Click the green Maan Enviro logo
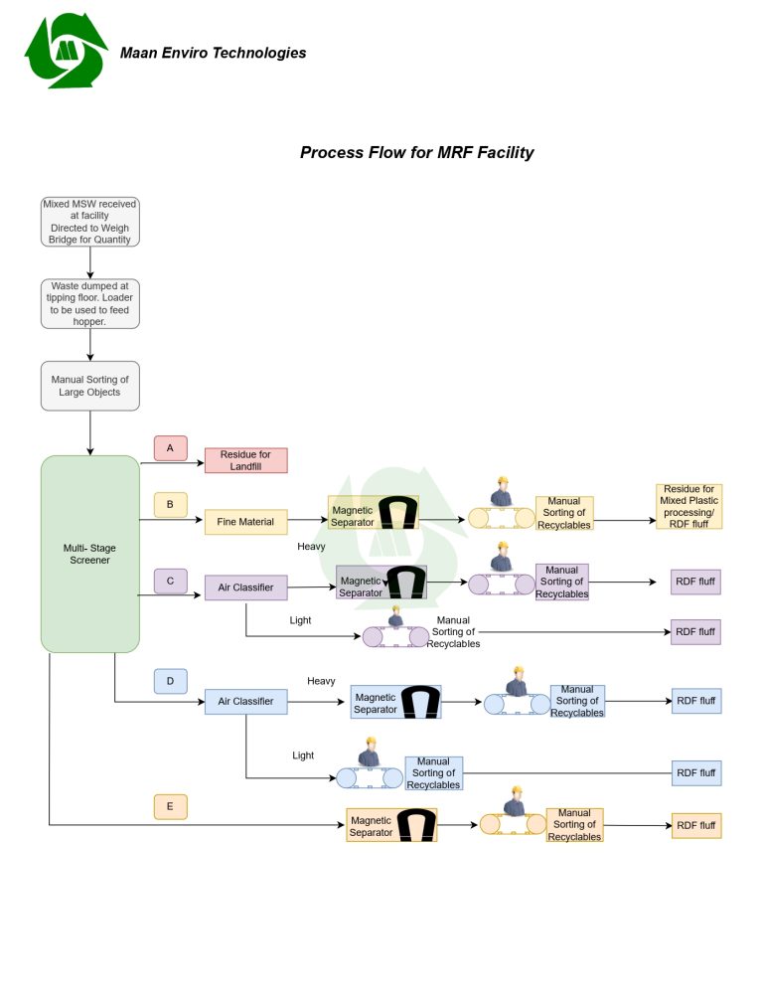(x=67, y=51)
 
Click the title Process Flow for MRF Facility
(x=416, y=153)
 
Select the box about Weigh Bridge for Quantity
(x=89, y=222)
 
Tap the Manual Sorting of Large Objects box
(x=89, y=386)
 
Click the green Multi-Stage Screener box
(x=89, y=554)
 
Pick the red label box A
(x=170, y=448)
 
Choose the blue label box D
(x=170, y=681)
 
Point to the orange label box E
(x=170, y=806)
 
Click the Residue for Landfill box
(x=245, y=460)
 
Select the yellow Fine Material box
(x=245, y=522)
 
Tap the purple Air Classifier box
(x=245, y=587)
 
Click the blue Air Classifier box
(x=245, y=702)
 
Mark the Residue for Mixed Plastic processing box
(x=688, y=506)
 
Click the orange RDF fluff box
(x=695, y=825)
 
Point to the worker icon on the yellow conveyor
(x=502, y=495)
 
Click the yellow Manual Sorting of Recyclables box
(x=564, y=513)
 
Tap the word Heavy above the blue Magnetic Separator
(x=321, y=681)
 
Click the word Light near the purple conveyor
(x=300, y=620)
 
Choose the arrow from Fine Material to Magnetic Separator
(x=308, y=521)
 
